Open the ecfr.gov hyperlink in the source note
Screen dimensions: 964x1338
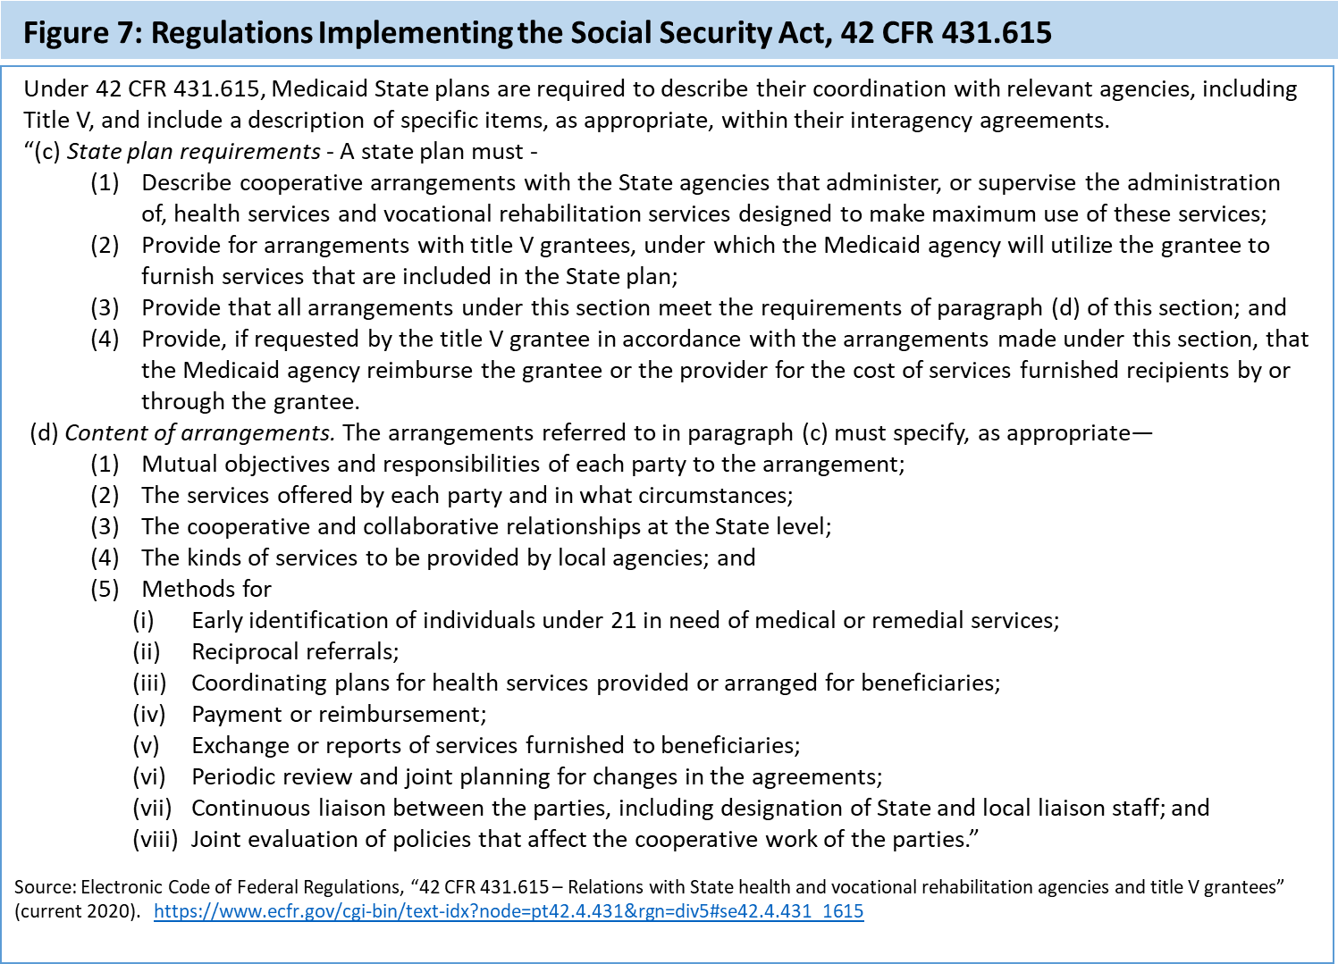click(509, 911)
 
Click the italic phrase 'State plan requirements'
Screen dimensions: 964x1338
click(193, 152)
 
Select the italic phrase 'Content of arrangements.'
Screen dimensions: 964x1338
click(200, 433)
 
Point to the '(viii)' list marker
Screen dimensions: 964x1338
click(156, 840)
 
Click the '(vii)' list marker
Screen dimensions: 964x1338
click(152, 809)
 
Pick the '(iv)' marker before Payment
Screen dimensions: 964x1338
click(149, 715)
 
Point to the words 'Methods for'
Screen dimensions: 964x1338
click(206, 590)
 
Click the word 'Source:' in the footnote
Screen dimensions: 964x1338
click(45, 887)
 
